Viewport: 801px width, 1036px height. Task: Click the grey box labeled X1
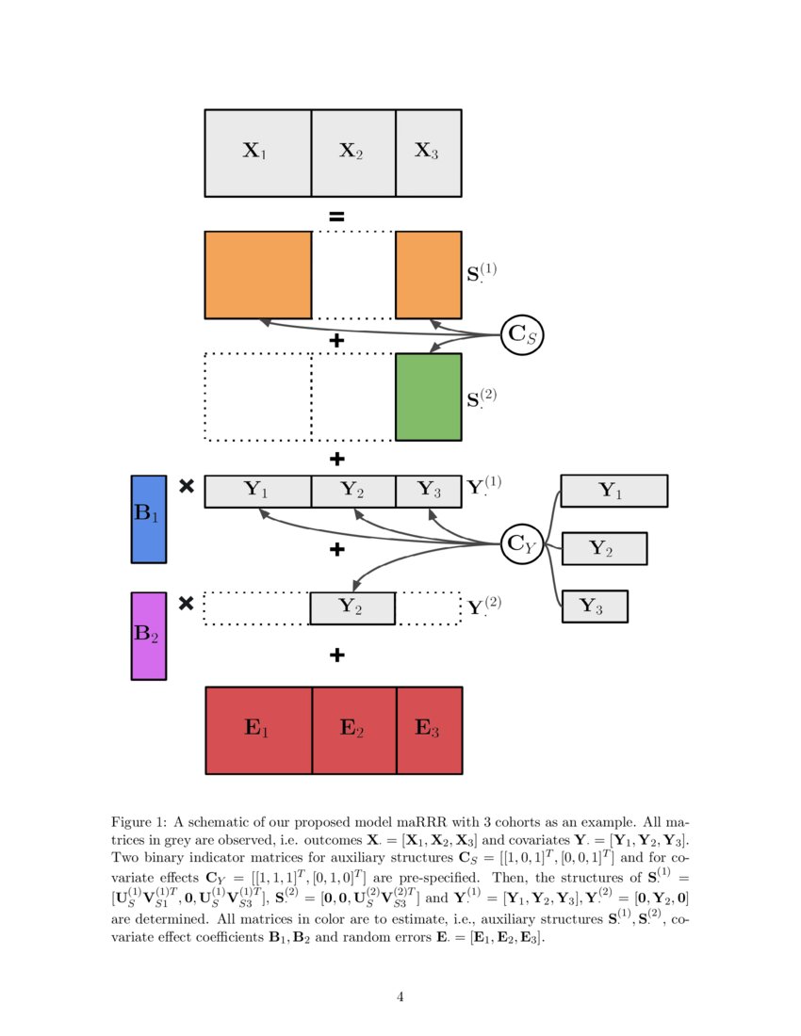(257, 153)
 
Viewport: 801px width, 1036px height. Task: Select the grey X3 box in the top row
(428, 153)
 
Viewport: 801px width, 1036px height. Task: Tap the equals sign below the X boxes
(336, 216)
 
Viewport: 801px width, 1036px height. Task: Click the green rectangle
(428, 397)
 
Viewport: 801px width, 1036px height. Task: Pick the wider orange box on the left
(257, 275)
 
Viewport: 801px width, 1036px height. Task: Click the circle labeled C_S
(521, 333)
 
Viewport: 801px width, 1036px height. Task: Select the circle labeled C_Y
(521, 542)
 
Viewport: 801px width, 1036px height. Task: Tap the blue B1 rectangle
(148, 519)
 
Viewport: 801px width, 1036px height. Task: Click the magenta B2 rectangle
(148, 636)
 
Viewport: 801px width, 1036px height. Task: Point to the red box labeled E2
(353, 730)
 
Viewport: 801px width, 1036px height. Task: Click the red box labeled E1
(258, 730)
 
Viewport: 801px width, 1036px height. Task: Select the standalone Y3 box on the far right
(595, 607)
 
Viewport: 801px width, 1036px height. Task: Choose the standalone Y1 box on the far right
(613, 491)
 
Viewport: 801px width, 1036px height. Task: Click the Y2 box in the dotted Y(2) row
(351, 608)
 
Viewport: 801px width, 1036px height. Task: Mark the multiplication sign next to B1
(187, 487)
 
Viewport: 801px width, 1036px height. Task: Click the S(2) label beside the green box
(482, 397)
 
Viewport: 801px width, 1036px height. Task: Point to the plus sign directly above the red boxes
(336, 655)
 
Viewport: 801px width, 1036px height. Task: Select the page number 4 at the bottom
(400, 996)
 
